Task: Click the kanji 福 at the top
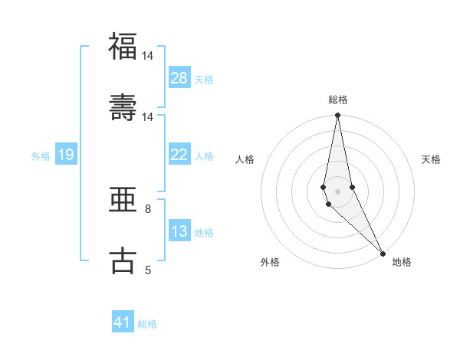tap(123, 47)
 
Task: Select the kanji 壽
tap(123, 107)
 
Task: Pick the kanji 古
tap(123, 260)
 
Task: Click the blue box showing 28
tap(179, 78)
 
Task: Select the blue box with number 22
tap(179, 155)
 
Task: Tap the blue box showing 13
tap(179, 231)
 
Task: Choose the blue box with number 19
tap(66, 155)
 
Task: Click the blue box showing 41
tap(123, 322)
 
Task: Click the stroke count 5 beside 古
tap(148, 270)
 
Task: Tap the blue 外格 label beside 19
tap(41, 155)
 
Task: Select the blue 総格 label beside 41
tap(147, 323)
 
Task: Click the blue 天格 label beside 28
tap(204, 79)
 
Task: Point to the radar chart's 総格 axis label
tap(338, 100)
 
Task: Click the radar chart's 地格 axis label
tap(402, 262)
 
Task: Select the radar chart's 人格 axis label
tap(245, 159)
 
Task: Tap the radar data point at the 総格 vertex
tap(337, 116)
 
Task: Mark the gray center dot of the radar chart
tap(337, 191)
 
